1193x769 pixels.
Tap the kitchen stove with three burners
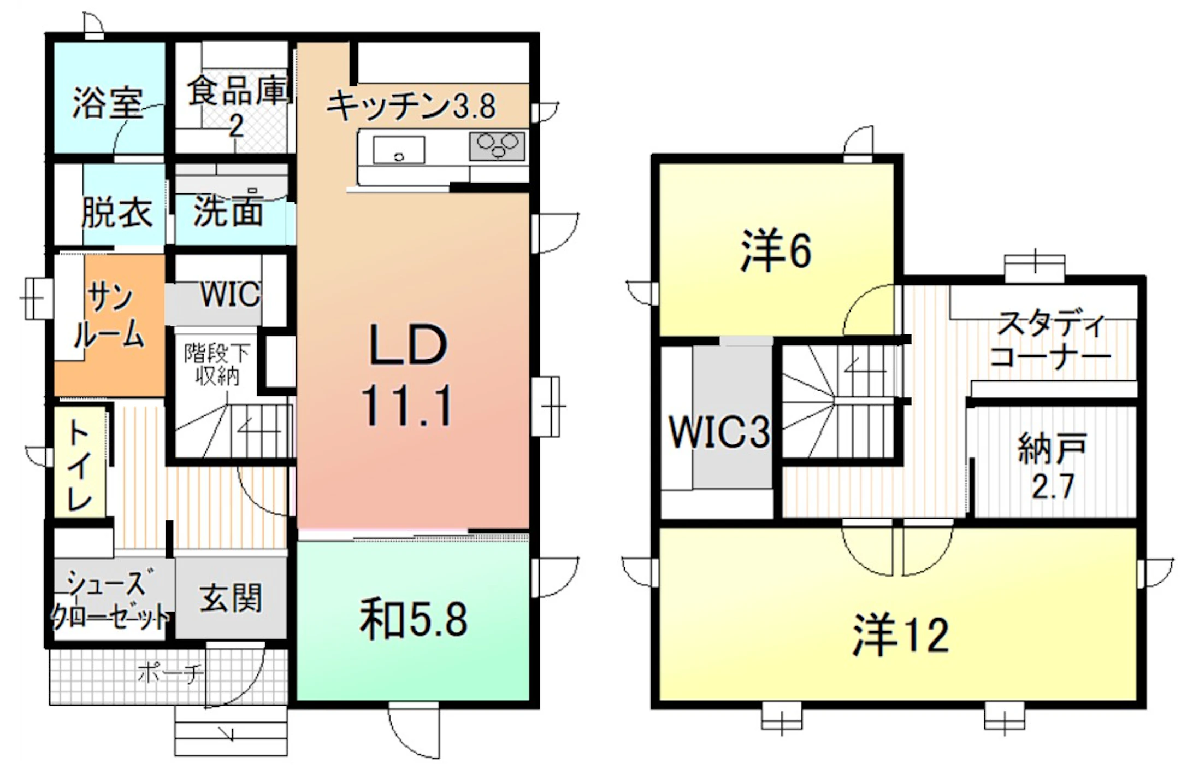(x=497, y=145)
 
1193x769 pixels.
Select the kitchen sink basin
(x=399, y=150)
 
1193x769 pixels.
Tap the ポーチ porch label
(x=170, y=673)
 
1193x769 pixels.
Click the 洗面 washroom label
(x=228, y=211)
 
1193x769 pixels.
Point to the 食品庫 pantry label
(x=237, y=107)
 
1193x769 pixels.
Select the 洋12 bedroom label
(x=900, y=635)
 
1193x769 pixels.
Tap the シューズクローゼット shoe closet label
(x=109, y=600)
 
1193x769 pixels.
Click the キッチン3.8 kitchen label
(x=411, y=105)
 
